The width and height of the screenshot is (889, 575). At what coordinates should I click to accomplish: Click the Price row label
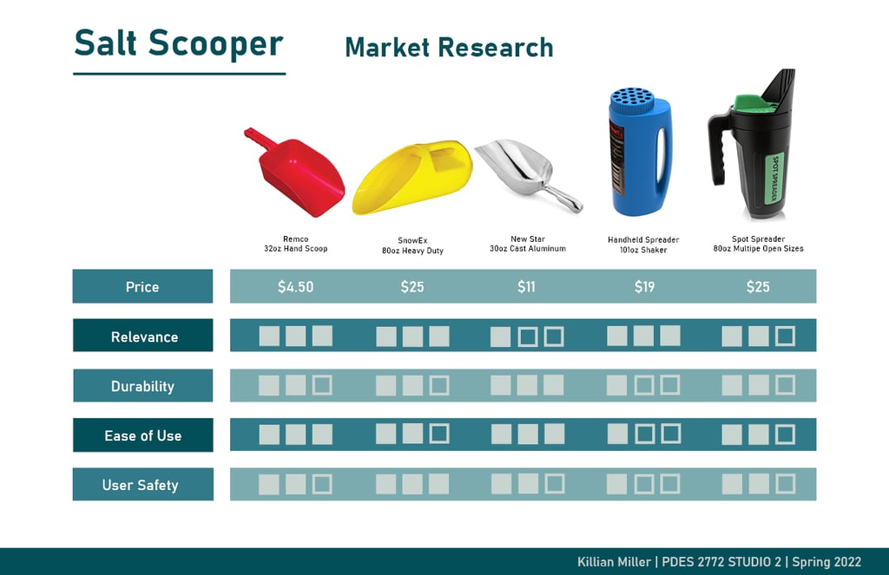[x=142, y=287]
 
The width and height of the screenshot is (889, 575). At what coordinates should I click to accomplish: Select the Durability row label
[x=142, y=386]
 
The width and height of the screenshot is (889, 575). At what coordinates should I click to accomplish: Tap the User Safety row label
[x=140, y=485]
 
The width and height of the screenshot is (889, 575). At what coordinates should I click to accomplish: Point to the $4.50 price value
[x=295, y=287]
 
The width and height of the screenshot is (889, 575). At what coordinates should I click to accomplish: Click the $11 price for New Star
[x=526, y=287]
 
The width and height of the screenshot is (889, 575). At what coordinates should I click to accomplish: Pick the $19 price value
[x=645, y=287]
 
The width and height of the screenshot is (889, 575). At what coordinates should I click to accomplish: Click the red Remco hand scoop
[x=295, y=173]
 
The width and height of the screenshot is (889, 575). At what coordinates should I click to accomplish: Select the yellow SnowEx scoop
[x=412, y=177]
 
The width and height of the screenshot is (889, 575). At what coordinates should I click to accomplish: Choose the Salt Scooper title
[x=179, y=43]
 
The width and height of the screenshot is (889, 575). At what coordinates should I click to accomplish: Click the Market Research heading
[x=449, y=47]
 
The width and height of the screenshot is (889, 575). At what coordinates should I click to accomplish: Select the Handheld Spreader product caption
[x=643, y=245]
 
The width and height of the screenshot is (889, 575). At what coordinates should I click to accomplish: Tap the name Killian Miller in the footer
[x=614, y=561]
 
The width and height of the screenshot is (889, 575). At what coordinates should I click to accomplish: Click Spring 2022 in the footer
[x=826, y=561]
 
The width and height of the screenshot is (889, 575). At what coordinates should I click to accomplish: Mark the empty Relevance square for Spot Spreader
[x=785, y=336]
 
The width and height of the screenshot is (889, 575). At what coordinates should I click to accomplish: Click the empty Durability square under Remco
[x=322, y=385]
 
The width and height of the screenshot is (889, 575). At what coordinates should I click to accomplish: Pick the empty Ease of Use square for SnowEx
[x=439, y=434]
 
